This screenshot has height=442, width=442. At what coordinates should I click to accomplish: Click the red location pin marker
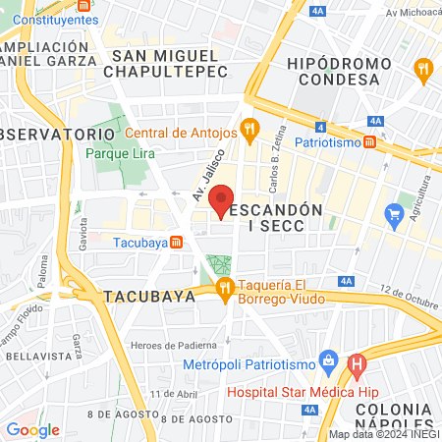223,200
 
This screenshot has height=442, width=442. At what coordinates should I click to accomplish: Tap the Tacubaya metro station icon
176,243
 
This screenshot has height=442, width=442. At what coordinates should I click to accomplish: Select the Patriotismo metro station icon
368,141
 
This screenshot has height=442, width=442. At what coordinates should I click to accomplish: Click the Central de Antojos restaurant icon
250,127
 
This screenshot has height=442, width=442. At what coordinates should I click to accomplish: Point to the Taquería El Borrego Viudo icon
225,287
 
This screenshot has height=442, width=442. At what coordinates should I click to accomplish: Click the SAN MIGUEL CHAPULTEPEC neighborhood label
170,64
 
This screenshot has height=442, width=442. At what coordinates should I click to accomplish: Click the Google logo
32,429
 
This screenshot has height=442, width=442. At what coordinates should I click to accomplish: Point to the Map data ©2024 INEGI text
383,434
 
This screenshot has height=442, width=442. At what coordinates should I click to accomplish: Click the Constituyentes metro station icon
8,20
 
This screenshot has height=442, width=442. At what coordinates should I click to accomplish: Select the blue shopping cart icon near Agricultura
395,213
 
